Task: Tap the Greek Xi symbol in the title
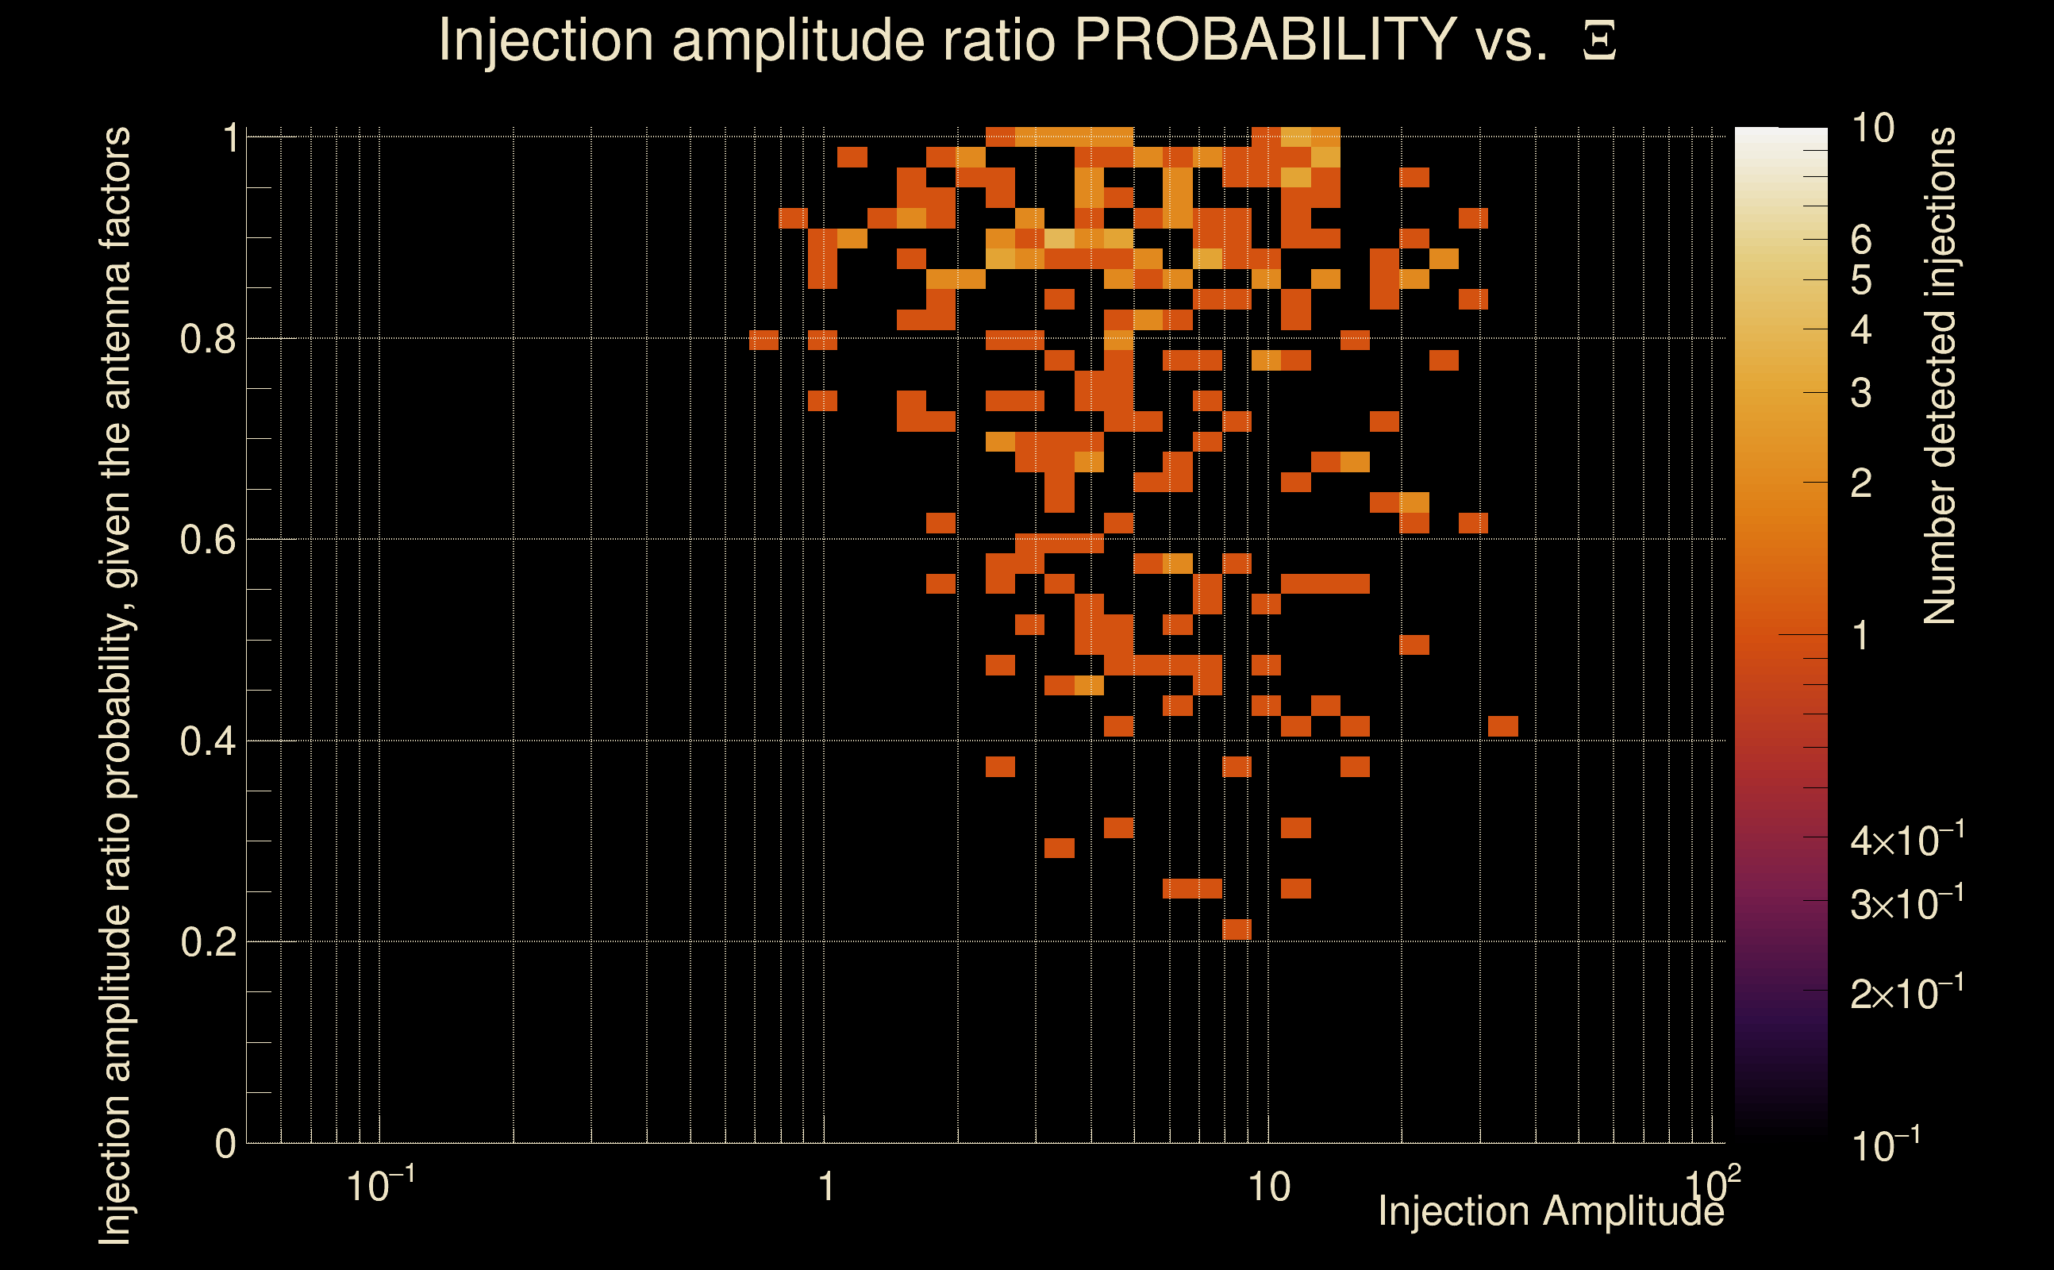[x=1599, y=41]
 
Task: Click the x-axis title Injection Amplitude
[x=1550, y=1211]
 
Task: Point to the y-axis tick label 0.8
[x=207, y=340]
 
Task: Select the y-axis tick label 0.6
[x=207, y=539]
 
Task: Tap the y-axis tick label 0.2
[x=207, y=941]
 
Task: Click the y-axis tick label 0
[x=225, y=1143]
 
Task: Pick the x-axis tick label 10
[x=1268, y=1187]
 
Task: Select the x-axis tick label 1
[x=826, y=1187]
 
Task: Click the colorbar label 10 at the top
[x=1871, y=129]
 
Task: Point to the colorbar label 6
[x=1861, y=241]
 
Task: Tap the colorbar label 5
[x=1861, y=280]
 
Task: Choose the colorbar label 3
[x=1861, y=393]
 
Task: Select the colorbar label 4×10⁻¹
[x=1906, y=840]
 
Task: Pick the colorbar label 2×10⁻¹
[x=1906, y=993]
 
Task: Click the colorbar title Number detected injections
[x=1940, y=375]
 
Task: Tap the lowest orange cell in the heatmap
[x=1236, y=929]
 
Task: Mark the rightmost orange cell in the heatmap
[x=1502, y=725]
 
